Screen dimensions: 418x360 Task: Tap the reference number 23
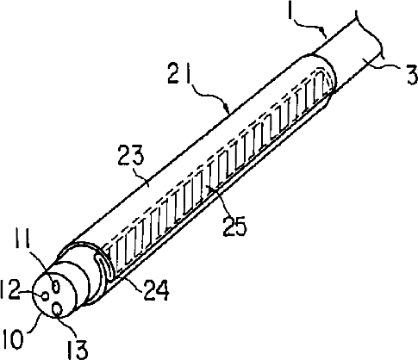[x=131, y=156]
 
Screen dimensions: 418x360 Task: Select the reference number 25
[x=234, y=227]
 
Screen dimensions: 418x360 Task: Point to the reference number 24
[x=157, y=290]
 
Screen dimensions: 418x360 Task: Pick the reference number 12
[x=10, y=289]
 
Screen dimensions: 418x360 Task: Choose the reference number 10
[x=13, y=340]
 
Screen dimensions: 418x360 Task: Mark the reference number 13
[x=78, y=350]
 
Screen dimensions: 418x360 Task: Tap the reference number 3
[x=412, y=75]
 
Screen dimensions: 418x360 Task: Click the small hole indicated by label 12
[x=45, y=295]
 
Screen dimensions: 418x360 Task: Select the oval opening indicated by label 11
[x=56, y=286]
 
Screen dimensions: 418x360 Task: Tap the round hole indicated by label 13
[x=57, y=309]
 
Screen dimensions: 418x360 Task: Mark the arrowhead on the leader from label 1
[x=323, y=31]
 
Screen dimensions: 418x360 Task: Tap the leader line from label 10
[x=34, y=324]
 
